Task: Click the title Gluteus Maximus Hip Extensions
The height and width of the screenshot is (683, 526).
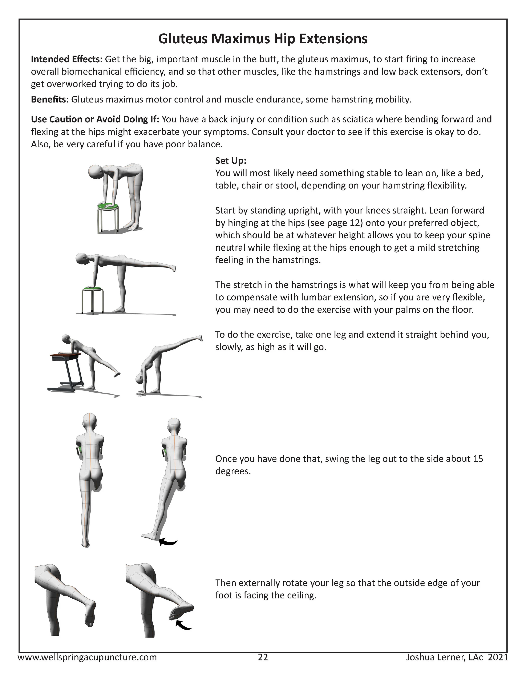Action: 263,39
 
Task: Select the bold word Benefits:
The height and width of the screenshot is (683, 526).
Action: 50,100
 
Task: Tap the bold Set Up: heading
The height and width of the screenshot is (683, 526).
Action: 231,161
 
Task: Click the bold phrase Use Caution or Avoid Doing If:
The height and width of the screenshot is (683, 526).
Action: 95,119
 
